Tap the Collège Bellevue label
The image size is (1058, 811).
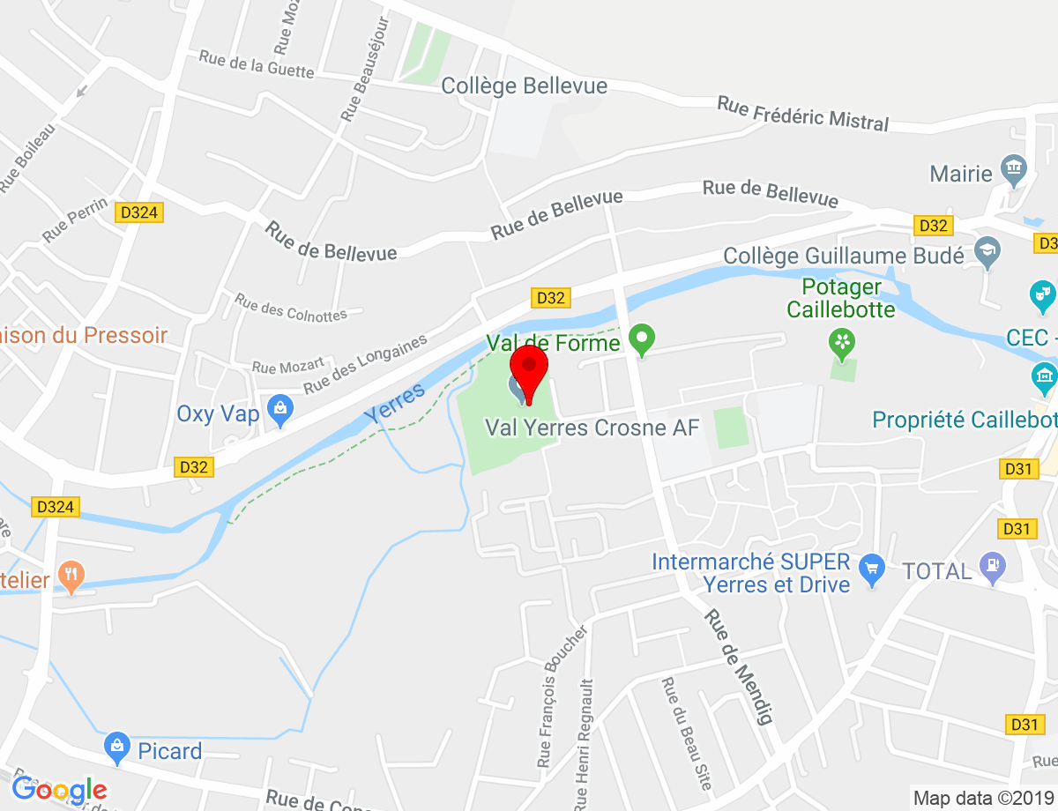(524, 86)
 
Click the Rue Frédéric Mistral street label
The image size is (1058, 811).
(802, 114)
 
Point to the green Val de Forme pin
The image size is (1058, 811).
(643, 339)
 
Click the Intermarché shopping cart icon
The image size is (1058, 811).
(872, 569)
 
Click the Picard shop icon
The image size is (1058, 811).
(116, 748)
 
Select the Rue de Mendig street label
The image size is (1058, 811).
(738, 666)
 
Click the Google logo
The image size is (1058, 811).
(58, 790)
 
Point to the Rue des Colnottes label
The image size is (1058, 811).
(290, 307)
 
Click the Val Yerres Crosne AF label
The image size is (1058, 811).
(592, 428)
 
